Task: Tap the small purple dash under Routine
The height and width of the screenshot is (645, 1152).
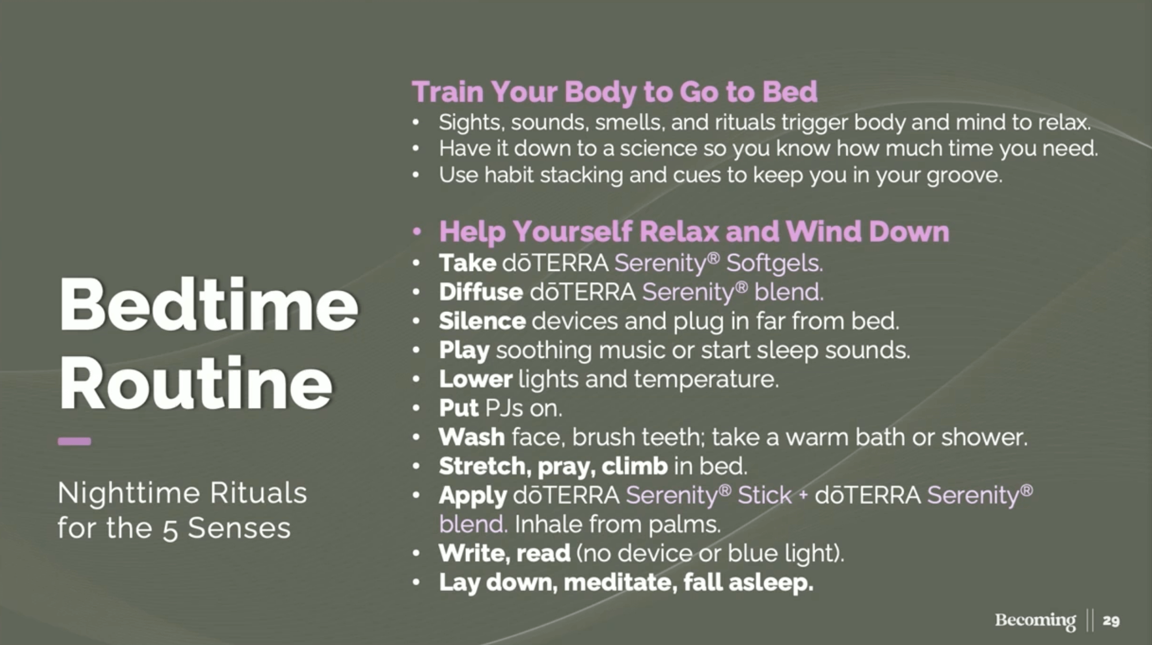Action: [x=74, y=442]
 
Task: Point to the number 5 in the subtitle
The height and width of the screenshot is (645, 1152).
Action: [x=170, y=529]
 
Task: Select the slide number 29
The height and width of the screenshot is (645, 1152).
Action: [x=1111, y=621]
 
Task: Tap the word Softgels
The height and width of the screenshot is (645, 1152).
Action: [x=774, y=263]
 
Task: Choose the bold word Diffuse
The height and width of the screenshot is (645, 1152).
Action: [x=481, y=292]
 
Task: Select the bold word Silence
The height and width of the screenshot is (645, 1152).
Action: [x=482, y=321]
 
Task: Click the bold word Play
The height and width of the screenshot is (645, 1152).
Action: [x=464, y=351]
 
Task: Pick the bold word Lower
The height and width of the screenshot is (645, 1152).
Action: [x=475, y=379]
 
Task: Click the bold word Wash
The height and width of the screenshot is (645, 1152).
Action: [x=472, y=437]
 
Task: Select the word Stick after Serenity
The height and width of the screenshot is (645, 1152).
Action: [x=765, y=495]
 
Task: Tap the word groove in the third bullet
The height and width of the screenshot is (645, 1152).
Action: [x=964, y=176]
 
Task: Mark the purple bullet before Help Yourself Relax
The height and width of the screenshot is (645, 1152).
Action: [x=417, y=232]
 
